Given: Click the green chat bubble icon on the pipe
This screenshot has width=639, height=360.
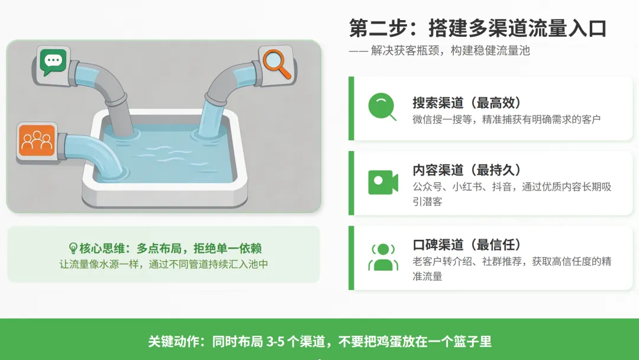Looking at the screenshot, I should point(53,61).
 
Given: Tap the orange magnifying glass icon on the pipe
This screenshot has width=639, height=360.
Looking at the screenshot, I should point(275,62).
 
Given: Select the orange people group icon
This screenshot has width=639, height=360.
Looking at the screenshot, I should point(37,140).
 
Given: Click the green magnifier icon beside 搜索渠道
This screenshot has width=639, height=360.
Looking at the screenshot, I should point(382,107).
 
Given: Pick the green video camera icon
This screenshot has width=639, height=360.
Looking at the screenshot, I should point(382,183).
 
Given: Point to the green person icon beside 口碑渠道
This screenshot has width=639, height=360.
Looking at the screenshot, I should point(383,257).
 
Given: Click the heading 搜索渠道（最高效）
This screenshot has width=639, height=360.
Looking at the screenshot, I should point(467,102).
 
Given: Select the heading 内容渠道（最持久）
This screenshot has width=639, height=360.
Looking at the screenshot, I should point(467,170).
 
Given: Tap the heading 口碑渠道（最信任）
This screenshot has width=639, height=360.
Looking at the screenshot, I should point(467,245).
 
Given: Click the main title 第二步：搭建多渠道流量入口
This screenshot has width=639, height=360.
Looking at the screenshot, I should point(478,28).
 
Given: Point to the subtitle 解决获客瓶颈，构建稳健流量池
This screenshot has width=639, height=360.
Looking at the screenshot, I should point(450,51).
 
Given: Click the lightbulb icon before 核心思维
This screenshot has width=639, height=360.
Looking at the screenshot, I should point(73,249).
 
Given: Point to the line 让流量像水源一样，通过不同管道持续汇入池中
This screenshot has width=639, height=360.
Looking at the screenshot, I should point(164,265).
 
